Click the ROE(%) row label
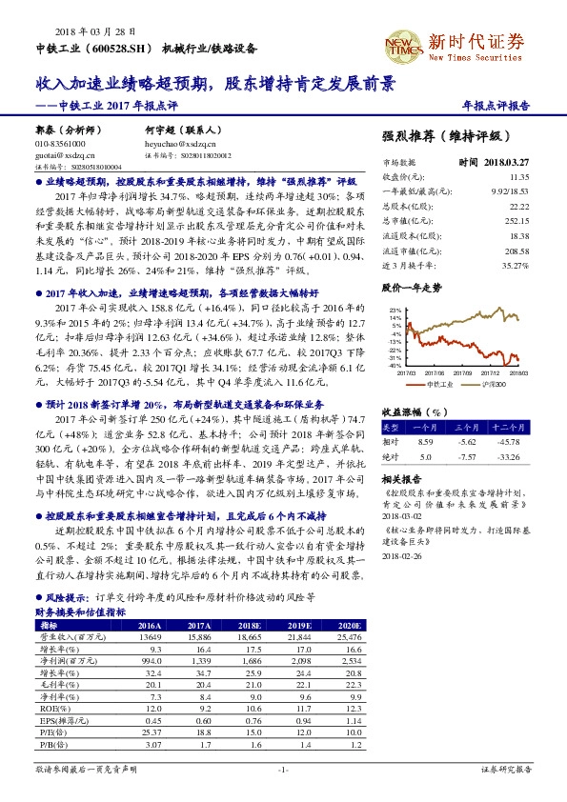[51, 709]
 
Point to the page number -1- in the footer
[282, 768]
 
